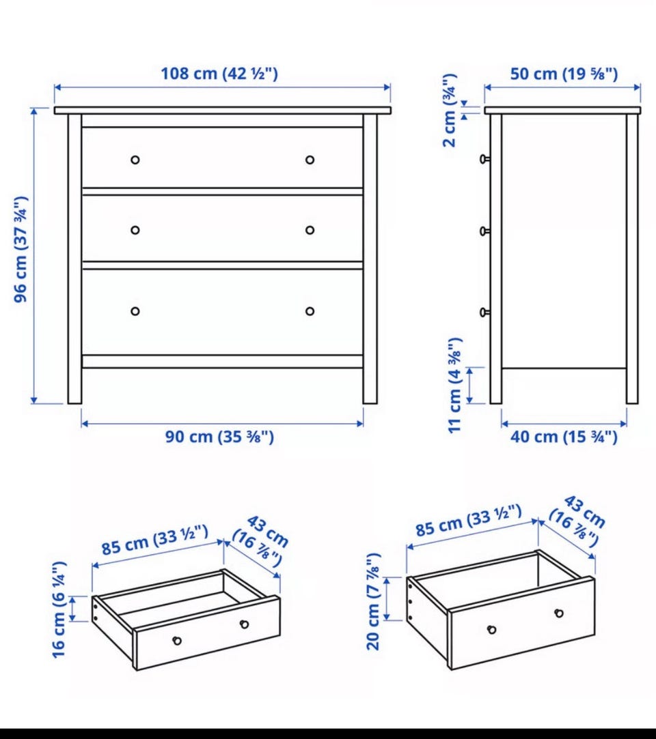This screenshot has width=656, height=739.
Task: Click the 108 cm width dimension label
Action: pyautogui.click(x=219, y=74)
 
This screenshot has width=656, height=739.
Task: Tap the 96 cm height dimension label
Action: pyautogui.click(x=21, y=249)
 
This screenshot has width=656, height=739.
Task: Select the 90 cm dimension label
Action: pyautogui.click(x=219, y=437)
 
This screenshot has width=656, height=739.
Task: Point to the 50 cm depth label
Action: pyautogui.click(x=564, y=74)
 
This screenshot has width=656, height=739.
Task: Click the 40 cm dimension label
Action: pyautogui.click(x=564, y=437)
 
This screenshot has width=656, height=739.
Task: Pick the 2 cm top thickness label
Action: pyautogui.click(x=450, y=111)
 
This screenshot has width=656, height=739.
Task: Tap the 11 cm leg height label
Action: pyautogui.click(x=454, y=385)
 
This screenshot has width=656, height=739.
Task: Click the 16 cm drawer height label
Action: pyautogui.click(x=59, y=609)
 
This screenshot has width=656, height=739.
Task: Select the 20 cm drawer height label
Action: pyautogui.click(x=373, y=602)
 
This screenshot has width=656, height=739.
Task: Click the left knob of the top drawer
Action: pyautogui.click(x=135, y=160)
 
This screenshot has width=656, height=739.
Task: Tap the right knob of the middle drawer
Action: pyautogui.click(x=310, y=230)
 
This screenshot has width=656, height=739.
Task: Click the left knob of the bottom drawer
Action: pyautogui.click(x=135, y=311)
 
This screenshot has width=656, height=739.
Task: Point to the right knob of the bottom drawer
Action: pyautogui.click(x=310, y=311)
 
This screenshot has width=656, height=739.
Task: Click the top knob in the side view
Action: pyautogui.click(x=484, y=159)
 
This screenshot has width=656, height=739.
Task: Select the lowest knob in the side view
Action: pyautogui.click(x=484, y=312)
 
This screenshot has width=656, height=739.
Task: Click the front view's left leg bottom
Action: pyautogui.click(x=74, y=403)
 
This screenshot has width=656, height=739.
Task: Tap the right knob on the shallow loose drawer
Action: pyautogui.click(x=245, y=624)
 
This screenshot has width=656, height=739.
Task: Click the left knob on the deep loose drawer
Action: pyautogui.click(x=492, y=629)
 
